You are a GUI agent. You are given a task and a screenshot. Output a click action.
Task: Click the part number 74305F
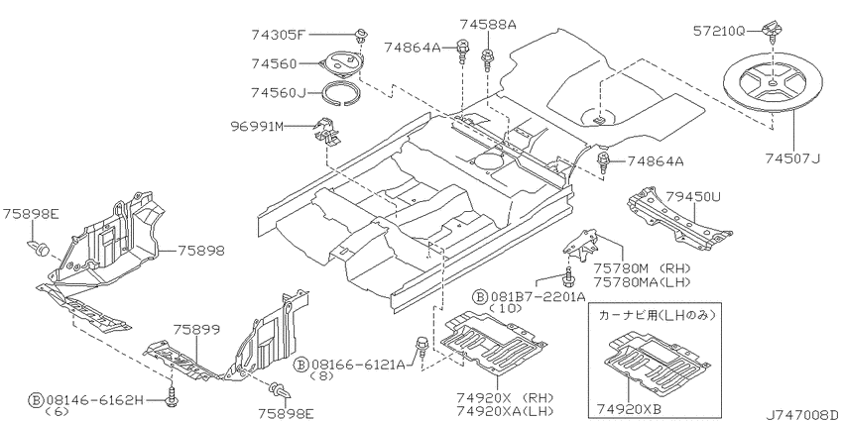279,35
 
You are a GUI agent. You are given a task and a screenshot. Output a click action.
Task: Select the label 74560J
279,93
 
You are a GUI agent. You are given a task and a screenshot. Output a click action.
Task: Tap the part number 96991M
257,127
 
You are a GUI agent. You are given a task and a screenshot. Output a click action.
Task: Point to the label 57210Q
719,31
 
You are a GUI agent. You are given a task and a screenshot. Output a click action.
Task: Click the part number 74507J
793,158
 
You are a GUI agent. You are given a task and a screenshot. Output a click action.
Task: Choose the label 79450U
693,197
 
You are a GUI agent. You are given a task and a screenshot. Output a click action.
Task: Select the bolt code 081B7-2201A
537,296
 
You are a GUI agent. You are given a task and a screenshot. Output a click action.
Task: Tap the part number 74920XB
629,408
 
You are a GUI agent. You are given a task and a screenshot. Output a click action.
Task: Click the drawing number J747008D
802,414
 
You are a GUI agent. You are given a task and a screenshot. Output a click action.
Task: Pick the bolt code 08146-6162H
94,399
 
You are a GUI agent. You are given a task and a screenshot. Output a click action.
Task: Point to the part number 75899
196,329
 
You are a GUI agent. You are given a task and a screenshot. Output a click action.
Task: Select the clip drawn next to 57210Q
772,30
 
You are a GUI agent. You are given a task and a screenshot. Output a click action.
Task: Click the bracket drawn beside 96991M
327,131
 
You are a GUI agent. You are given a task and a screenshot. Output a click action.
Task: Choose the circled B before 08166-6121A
301,366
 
